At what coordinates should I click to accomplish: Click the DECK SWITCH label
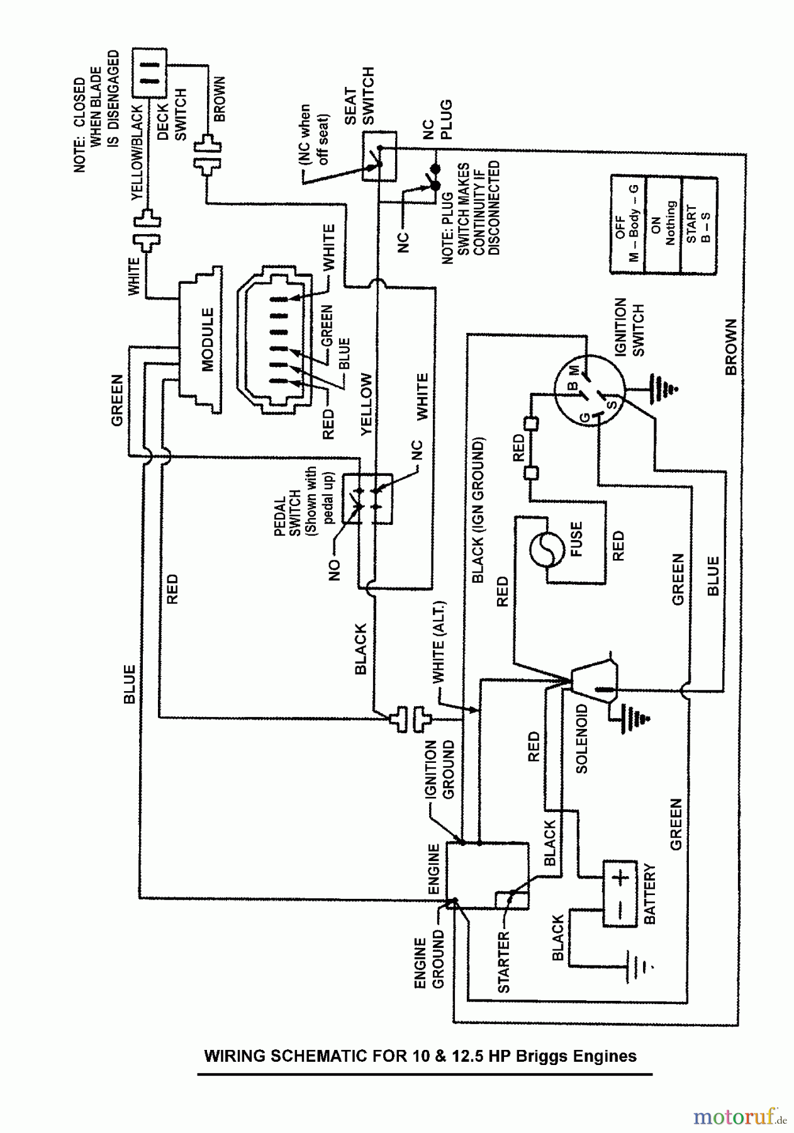point(171,114)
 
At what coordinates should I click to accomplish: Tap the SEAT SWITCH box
point(379,157)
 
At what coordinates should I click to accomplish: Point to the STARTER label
point(503,962)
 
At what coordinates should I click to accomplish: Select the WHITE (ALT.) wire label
point(439,643)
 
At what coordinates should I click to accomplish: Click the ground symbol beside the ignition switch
point(660,385)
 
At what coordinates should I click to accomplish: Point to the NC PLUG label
point(437,121)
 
